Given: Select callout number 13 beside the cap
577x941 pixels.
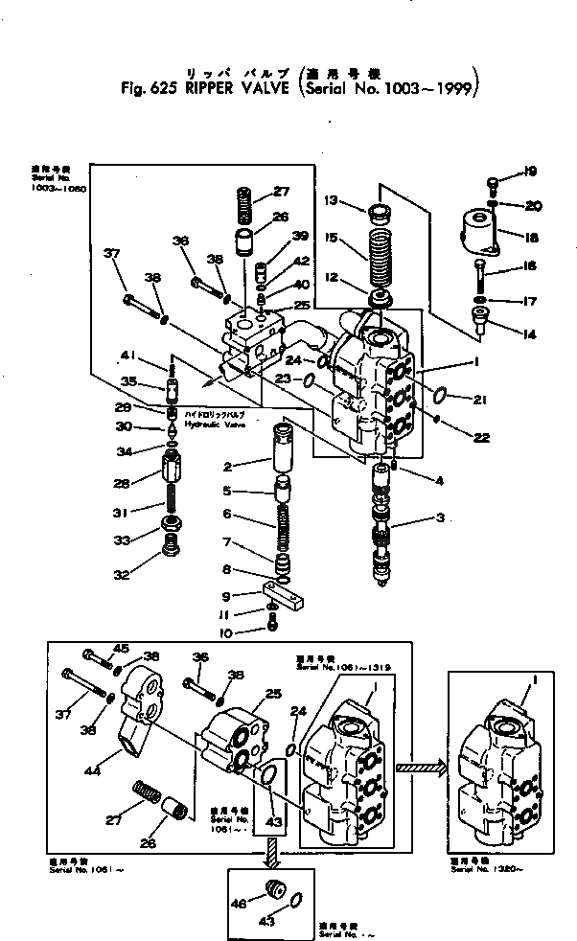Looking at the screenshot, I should coord(331,200).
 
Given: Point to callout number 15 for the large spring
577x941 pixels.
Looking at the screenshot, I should coord(331,236).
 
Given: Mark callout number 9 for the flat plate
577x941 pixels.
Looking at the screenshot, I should coord(227,596).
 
